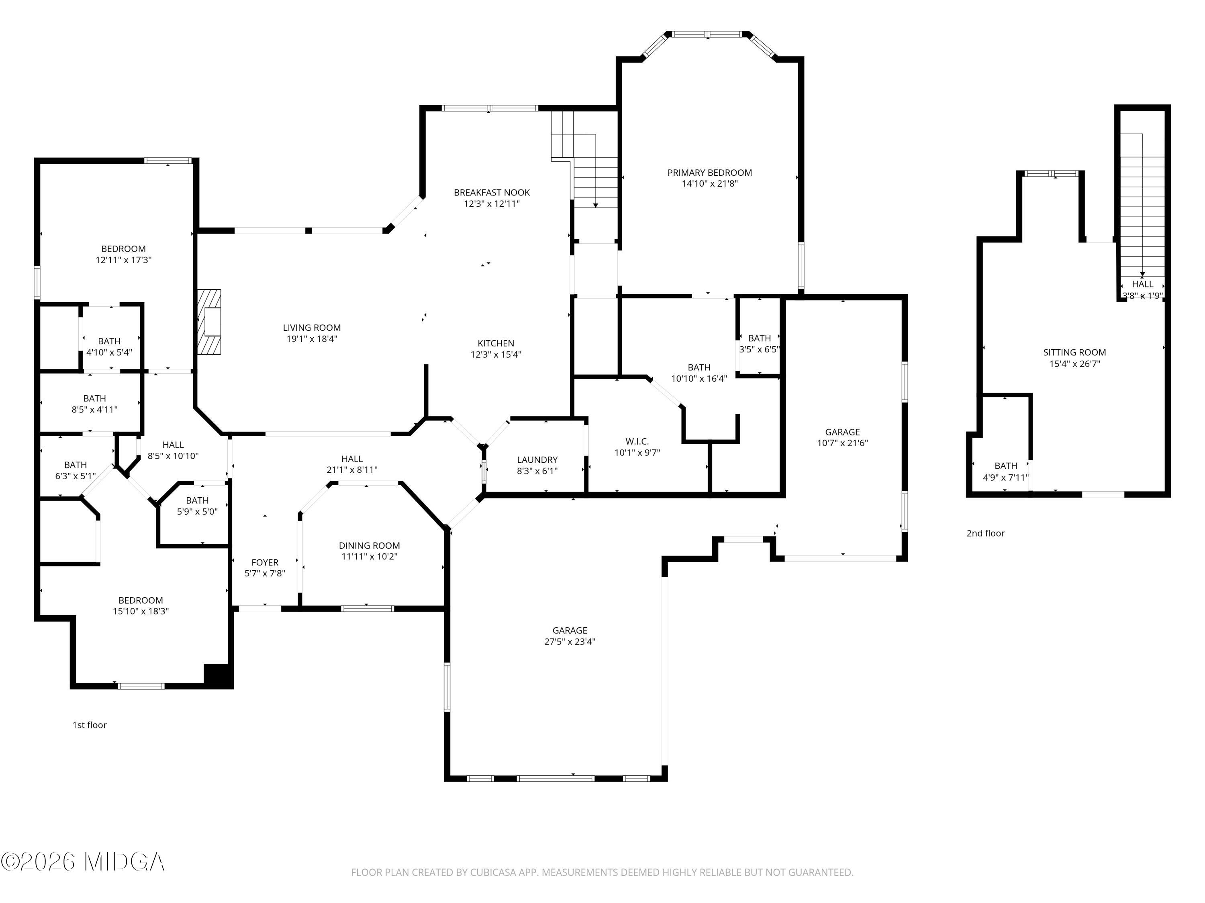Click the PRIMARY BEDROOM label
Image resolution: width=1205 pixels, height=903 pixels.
click(x=709, y=173)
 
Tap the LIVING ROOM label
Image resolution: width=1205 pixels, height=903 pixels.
click(x=312, y=327)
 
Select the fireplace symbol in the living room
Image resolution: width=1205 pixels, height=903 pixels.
click(x=210, y=322)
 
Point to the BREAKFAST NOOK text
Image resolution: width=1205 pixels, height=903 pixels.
click(x=492, y=193)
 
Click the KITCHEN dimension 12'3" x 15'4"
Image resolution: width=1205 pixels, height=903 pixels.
click(x=496, y=354)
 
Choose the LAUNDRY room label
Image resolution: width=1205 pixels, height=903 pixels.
click(x=537, y=460)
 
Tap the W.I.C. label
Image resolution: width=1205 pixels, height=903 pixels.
click(x=637, y=441)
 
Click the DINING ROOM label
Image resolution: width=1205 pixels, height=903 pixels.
click(x=370, y=545)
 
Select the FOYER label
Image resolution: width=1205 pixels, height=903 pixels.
click(x=265, y=562)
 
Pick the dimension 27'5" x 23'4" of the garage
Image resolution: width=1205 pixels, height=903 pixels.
click(x=570, y=642)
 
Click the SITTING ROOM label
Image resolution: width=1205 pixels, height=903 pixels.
click(x=1075, y=352)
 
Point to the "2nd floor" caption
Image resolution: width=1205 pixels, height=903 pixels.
click(x=985, y=533)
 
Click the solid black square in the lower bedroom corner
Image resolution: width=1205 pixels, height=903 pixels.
click(x=219, y=675)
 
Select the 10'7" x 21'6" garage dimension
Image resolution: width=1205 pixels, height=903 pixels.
click(x=842, y=443)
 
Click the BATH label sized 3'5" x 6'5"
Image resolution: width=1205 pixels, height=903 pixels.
click(x=760, y=338)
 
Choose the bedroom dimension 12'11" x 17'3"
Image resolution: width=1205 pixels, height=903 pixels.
click(x=124, y=260)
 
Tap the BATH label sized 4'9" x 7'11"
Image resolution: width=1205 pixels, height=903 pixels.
click(x=1006, y=466)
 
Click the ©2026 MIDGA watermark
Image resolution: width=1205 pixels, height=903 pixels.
click(x=83, y=862)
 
